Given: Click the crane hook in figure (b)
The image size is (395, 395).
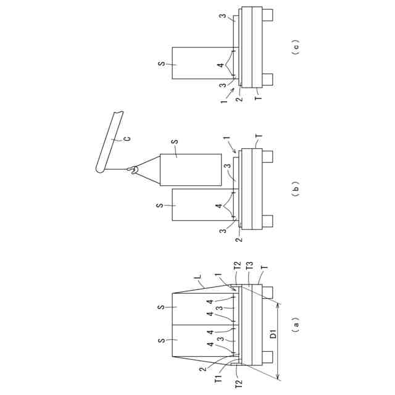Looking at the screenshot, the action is pos(131,169).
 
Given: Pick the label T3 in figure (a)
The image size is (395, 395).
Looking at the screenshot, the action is pos(249,267).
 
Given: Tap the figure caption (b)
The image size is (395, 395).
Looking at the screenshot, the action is pos(296,187).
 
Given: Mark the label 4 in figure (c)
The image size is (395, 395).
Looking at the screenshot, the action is pos(220,66).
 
